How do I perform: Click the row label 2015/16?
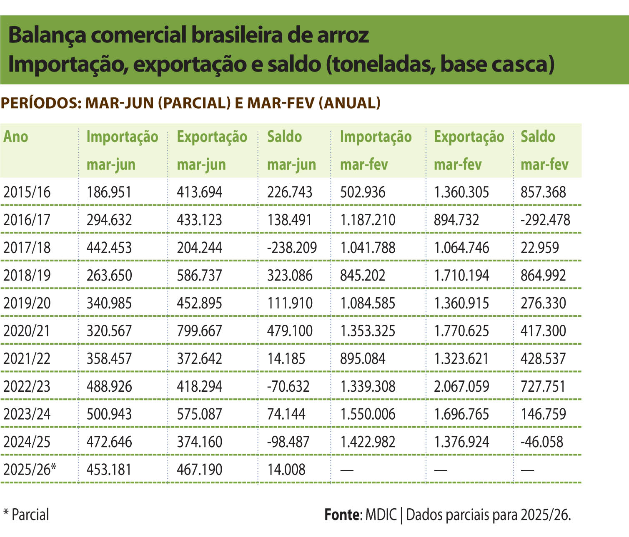tap(27, 192)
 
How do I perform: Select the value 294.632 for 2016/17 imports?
tap(109, 220)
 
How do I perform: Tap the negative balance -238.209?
tap(292, 248)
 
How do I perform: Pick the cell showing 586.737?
tap(199, 276)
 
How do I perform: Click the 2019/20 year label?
tap(27, 303)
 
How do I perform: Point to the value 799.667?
tap(199, 331)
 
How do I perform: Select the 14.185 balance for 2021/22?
tap(286, 359)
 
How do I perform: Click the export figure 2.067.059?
tap(461, 386)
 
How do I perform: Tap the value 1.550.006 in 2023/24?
tap(368, 414)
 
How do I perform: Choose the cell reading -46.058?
tap(542, 442)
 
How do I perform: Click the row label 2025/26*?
tap(30, 470)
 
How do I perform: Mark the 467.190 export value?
tap(199, 470)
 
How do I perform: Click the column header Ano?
tap(16, 137)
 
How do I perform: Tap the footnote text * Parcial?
tap(26, 515)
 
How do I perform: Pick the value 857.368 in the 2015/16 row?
tap(543, 192)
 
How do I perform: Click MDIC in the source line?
tap(381, 515)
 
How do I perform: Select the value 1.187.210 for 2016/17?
tap(368, 220)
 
